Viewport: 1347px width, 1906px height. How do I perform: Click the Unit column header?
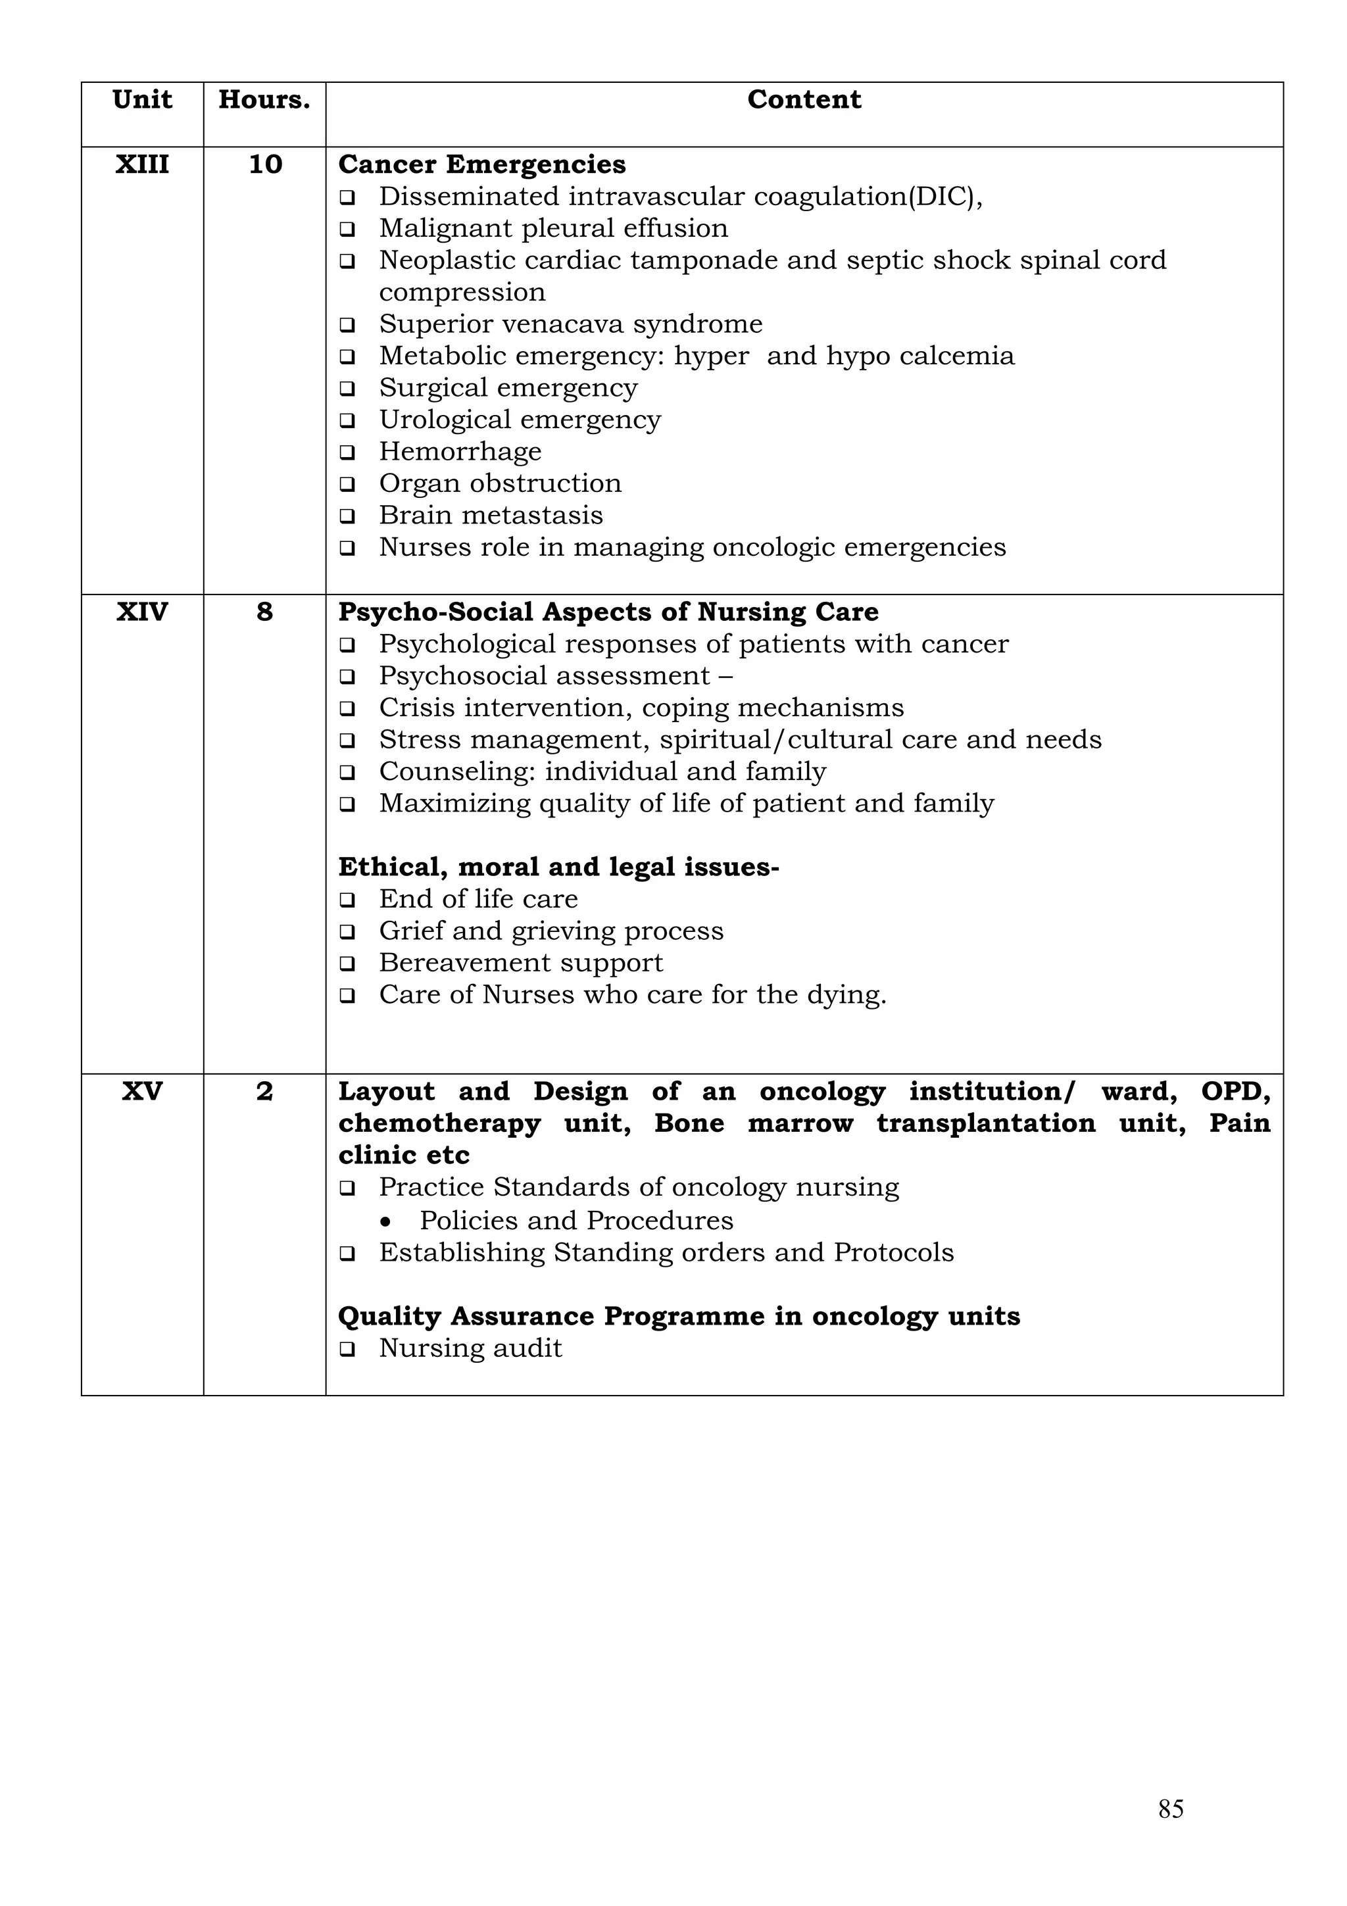click(x=142, y=99)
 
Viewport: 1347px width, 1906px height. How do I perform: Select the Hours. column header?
click(x=264, y=99)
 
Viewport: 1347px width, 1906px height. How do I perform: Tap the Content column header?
click(x=803, y=99)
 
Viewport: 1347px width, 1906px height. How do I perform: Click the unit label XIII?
click(x=142, y=164)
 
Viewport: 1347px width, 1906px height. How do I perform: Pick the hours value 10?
click(x=265, y=164)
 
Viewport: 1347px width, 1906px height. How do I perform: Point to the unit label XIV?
click(x=142, y=612)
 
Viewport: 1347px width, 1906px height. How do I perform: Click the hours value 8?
click(x=264, y=612)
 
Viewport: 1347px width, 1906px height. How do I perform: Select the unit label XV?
click(x=142, y=1091)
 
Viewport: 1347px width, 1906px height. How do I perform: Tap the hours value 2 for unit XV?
click(x=264, y=1091)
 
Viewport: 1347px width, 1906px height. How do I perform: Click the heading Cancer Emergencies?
click(x=481, y=164)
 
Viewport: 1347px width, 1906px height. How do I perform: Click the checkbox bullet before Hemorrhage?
click(x=347, y=452)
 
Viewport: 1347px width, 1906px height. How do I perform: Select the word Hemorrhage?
click(x=460, y=452)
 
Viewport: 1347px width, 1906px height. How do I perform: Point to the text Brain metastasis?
click(x=491, y=516)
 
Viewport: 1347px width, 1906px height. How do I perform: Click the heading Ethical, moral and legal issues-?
click(x=558, y=867)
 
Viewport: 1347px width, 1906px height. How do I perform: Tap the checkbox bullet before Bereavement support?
click(x=347, y=964)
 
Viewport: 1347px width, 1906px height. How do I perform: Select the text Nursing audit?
click(x=470, y=1348)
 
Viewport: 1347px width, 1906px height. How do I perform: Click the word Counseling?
click(x=457, y=771)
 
